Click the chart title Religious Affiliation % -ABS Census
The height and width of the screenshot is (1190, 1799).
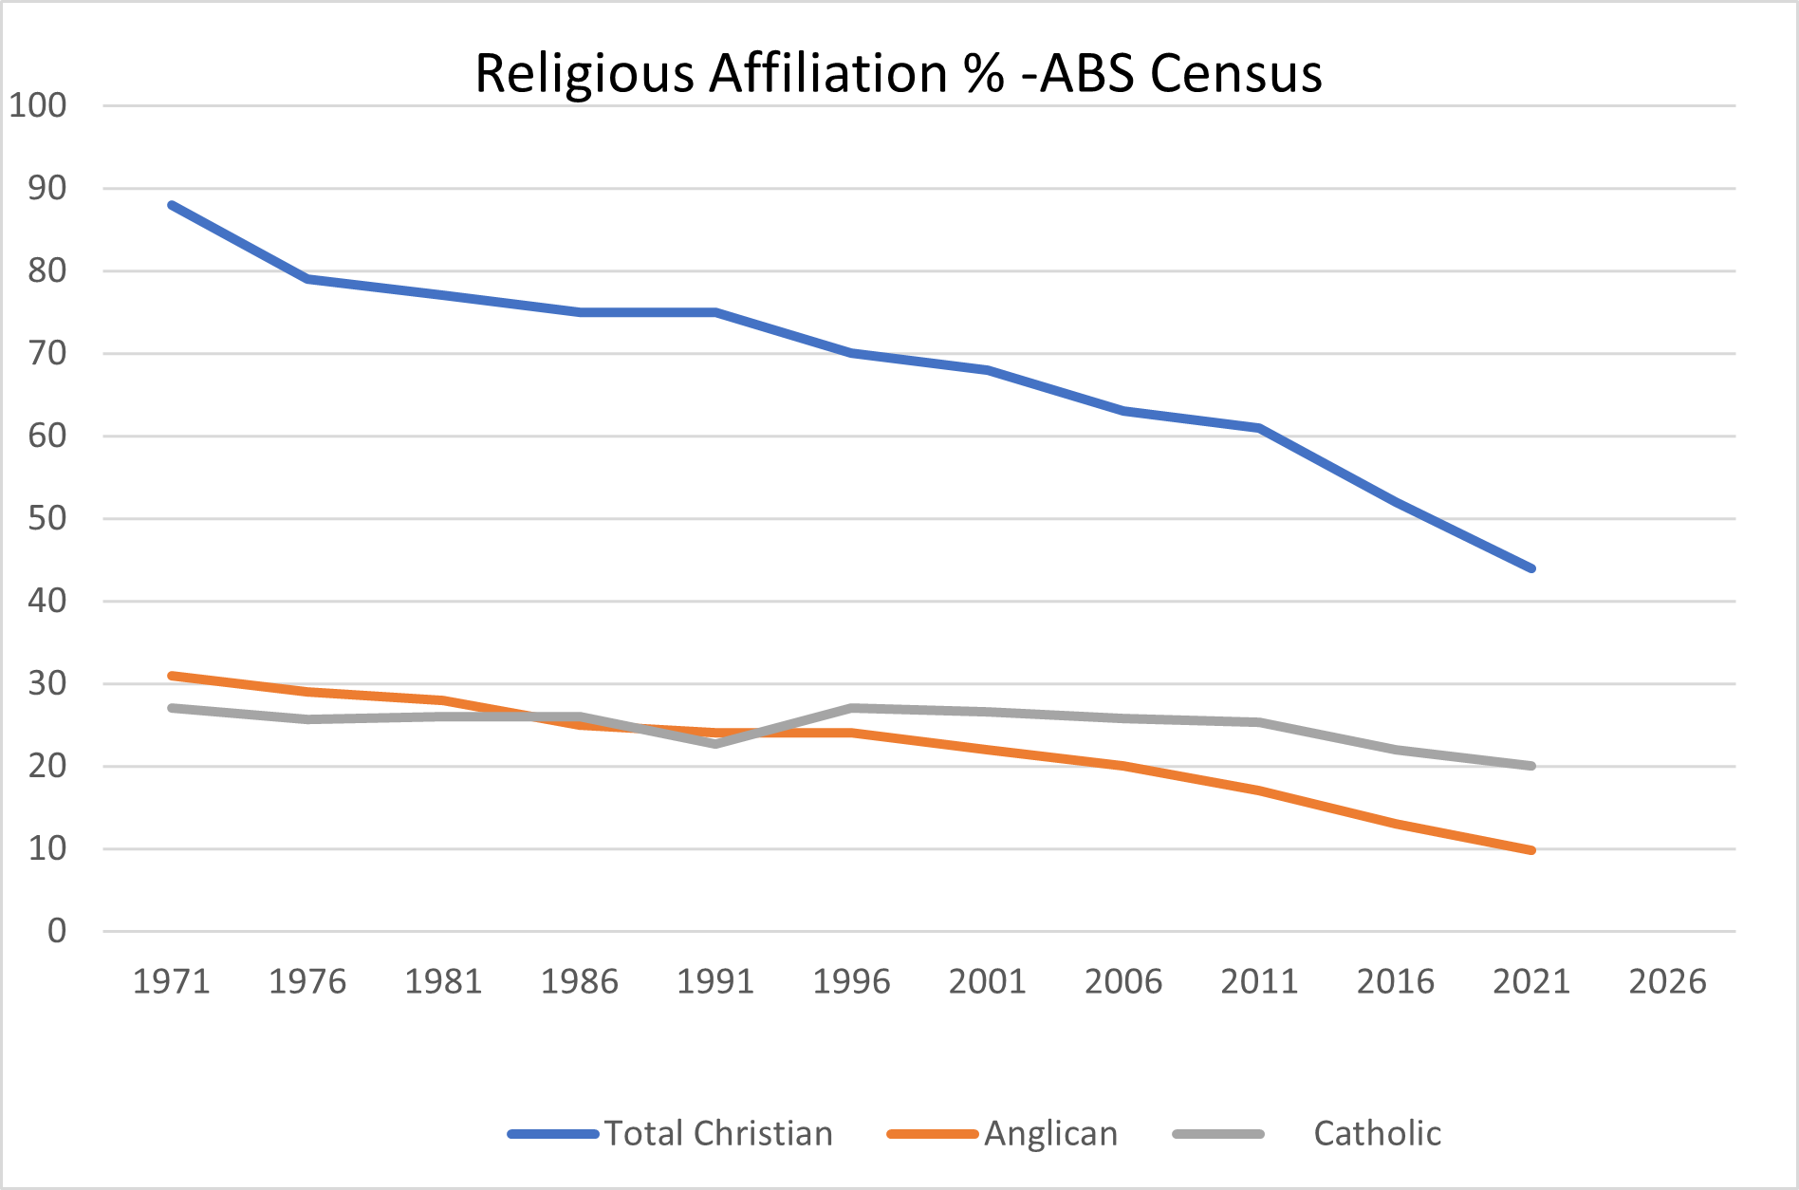[898, 73]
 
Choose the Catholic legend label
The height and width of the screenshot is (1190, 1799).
[1377, 1133]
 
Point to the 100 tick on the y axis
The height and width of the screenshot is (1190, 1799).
[38, 105]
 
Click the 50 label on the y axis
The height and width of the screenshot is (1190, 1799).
[47, 518]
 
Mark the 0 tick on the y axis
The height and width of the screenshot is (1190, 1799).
[57, 931]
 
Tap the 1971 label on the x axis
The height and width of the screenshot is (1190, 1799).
[171, 981]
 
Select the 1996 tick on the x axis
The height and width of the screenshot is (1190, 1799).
[851, 981]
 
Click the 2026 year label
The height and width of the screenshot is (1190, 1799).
[1667, 981]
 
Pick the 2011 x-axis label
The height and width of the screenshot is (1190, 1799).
[1259, 981]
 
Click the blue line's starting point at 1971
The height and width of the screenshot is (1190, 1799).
[172, 205]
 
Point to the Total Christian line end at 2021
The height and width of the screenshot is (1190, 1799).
[1531, 568]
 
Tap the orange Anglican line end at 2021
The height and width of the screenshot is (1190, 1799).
[1531, 850]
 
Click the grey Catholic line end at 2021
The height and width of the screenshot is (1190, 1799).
[1531, 766]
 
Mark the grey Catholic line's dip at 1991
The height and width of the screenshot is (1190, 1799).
[715, 744]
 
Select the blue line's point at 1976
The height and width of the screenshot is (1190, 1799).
[307, 279]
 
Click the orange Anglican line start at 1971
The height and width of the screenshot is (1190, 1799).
[172, 676]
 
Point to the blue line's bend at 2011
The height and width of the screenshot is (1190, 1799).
[1259, 428]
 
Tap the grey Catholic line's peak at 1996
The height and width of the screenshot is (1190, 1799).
[852, 708]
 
